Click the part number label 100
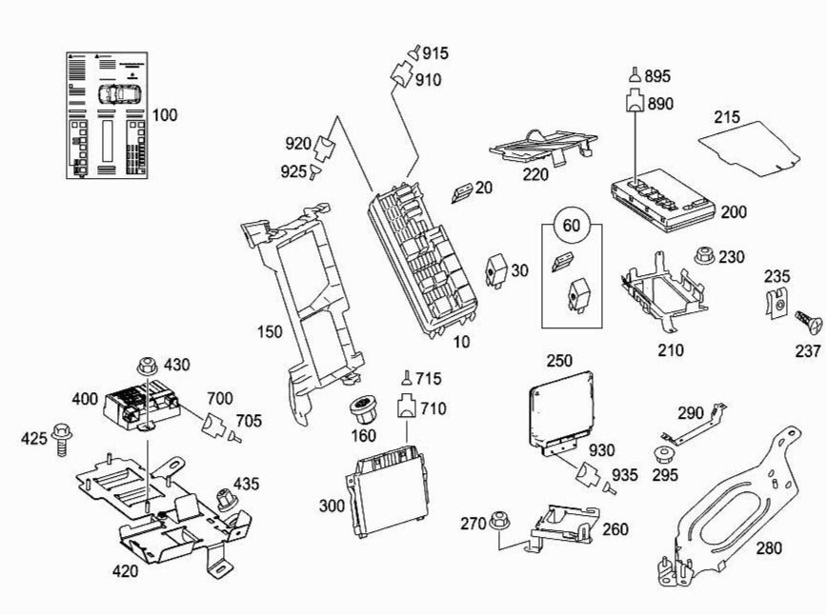164,115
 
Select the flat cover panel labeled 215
749,145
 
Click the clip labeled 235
777,304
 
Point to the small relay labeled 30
497,268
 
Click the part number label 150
268,331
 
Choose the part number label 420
126,571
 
